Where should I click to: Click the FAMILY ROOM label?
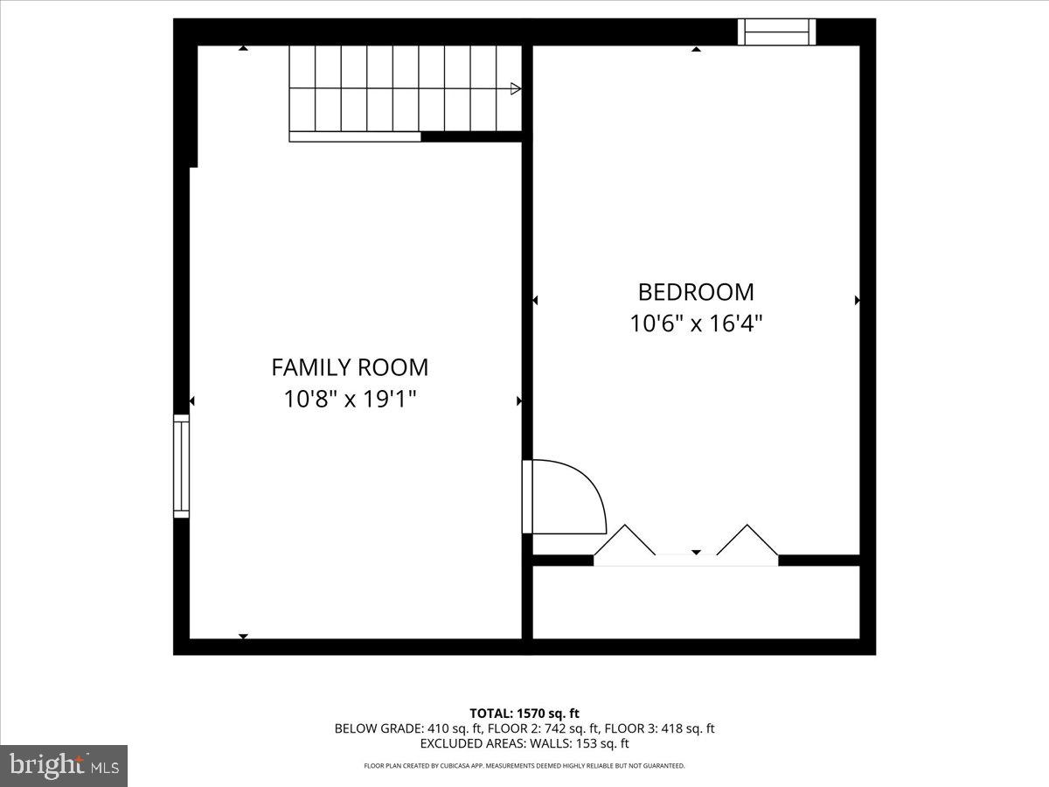350,367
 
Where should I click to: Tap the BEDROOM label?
696,292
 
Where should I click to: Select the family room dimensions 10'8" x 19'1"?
350,399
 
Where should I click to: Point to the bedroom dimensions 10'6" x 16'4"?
696,324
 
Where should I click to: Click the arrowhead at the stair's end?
515,88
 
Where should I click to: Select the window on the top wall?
776,32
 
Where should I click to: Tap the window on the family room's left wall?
181,466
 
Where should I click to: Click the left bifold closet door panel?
624,540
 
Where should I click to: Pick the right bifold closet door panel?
747,540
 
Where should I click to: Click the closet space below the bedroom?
696,602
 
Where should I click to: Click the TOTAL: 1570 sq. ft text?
524,714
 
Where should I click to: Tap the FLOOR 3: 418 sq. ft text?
659,728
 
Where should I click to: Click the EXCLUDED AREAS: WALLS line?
524,743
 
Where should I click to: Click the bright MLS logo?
64,766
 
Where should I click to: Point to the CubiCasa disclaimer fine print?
524,766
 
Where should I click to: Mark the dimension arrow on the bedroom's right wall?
857,300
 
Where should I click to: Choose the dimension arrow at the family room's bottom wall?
243,636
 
